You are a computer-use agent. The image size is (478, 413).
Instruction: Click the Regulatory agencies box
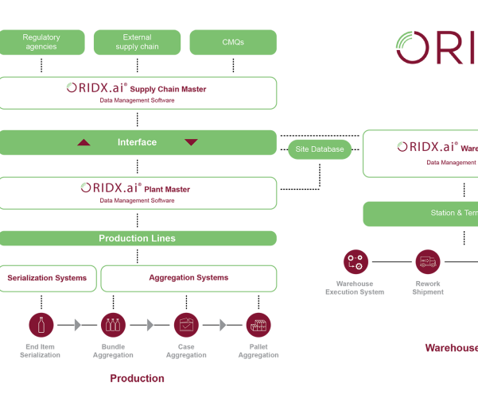tap(41, 42)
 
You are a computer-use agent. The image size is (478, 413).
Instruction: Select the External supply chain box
tap(137, 42)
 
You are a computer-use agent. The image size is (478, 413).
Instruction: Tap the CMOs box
tap(233, 42)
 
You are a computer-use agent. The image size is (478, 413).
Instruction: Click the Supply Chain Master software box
tap(138, 93)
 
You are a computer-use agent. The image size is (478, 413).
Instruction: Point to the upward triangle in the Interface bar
tap(84, 143)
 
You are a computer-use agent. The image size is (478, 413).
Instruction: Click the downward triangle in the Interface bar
tap(191, 143)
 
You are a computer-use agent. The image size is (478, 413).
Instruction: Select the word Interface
tap(137, 142)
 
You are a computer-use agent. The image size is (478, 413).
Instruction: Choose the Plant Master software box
tap(138, 193)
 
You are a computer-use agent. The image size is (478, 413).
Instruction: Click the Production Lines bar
tap(138, 238)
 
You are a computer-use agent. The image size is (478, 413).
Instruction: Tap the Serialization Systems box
tap(48, 279)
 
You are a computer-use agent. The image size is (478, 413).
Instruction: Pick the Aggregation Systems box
tap(188, 279)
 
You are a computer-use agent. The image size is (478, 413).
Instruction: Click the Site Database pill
tap(320, 149)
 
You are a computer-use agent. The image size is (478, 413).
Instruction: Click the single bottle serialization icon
tap(41, 325)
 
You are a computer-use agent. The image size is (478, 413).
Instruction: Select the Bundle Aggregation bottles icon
tap(113, 325)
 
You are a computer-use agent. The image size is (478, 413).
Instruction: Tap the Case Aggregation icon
tap(186, 325)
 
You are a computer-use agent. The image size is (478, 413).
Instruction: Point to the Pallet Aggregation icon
tap(258, 325)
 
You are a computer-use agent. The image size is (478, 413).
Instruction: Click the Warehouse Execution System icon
tap(356, 261)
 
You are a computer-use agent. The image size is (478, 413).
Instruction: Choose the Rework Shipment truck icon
tap(428, 261)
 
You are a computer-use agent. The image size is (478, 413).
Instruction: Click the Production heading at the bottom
tap(137, 379)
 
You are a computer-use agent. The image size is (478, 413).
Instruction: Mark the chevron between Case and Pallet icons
tap(223, 325)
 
